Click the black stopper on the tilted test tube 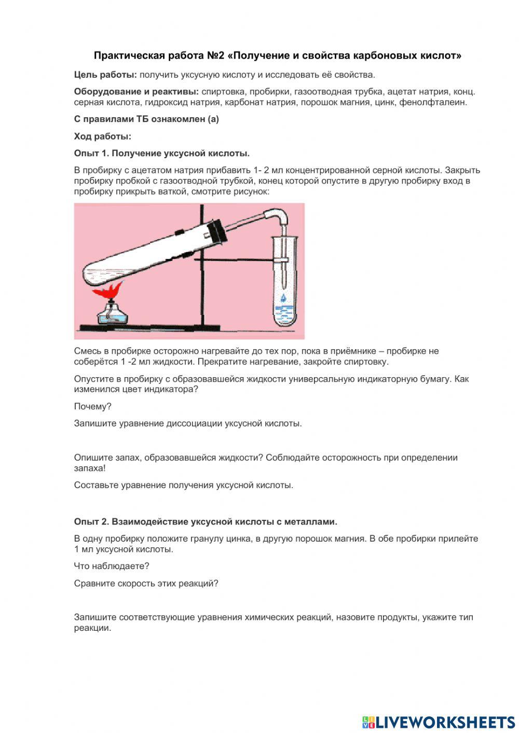pyautogui.click(x=217, y=231)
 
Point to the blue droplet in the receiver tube pyautogui.click(x=283, y=298)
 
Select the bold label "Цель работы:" pyautogui.click(x=105, y=75)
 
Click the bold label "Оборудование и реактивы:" pyautogui.click(x=136, y=92)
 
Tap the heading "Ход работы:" pyautogui.click(x=102, y=136)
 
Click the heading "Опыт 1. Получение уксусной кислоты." pyautogui.click(x=161, y=153)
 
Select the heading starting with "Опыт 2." pyautogui.click(x=206, y=521)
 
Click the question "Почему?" pyautogui.click(x=92, y=406)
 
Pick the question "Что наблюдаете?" pyautogui.click(x=112, y=566)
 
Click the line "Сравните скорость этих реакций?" pyautogui.click(x=146, y=583)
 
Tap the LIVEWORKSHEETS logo pyautogui.click(x=438, y=722)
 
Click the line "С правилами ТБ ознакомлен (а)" pyautogui.click(x=146, y=119)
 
